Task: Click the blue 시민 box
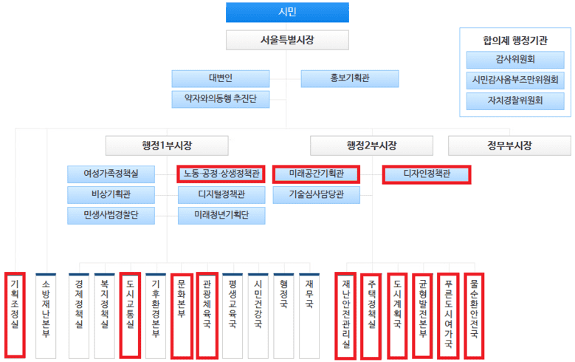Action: [x=287, y=12]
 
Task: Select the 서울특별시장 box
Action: [x=287, y=40]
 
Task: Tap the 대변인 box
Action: [x=221, y=78]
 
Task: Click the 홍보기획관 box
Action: [x=349, y=78]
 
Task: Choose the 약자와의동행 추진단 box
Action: [x=221, y=98]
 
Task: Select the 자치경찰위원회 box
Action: [x=515, y=98]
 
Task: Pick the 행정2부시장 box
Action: [x=361, y=145]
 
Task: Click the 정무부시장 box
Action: [x=500, y=145]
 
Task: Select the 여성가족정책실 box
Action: [x=112, y=174]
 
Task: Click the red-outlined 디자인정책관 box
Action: [x=427, y=174]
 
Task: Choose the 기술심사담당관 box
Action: [x=316, y=195]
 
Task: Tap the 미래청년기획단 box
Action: [x=221, y=215]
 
